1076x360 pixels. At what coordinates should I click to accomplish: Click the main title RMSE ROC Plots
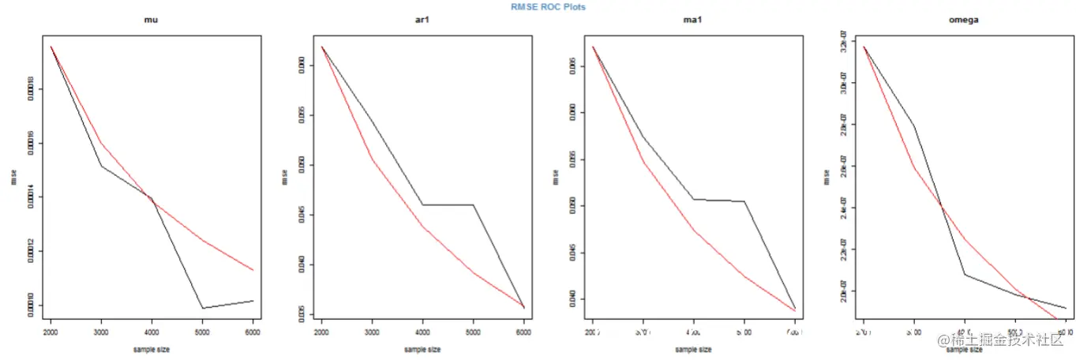click(x=547, y=6)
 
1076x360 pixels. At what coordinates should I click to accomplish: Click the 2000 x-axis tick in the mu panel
click(x=51, y=333)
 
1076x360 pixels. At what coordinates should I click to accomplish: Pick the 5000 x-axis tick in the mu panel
click(x=202, y=333)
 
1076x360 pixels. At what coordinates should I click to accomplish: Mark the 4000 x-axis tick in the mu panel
click(x=152, y=333)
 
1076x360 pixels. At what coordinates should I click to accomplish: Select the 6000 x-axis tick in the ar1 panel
click(x=523, y=333)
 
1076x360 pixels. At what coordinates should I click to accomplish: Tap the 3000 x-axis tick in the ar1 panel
click(x=372, y=333)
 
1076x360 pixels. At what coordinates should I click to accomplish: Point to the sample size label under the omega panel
click(x=964, y=348)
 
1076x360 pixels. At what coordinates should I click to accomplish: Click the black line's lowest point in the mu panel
click(x=202, y=308)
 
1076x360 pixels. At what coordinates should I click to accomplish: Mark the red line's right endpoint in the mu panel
click(x=253, y=270)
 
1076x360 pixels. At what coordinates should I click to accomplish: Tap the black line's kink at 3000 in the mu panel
click(x=101, y=165)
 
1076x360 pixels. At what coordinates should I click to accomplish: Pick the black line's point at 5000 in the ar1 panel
click(x=473, y=205)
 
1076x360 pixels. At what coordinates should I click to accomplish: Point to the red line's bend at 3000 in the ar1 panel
click(x=372, y=160)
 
